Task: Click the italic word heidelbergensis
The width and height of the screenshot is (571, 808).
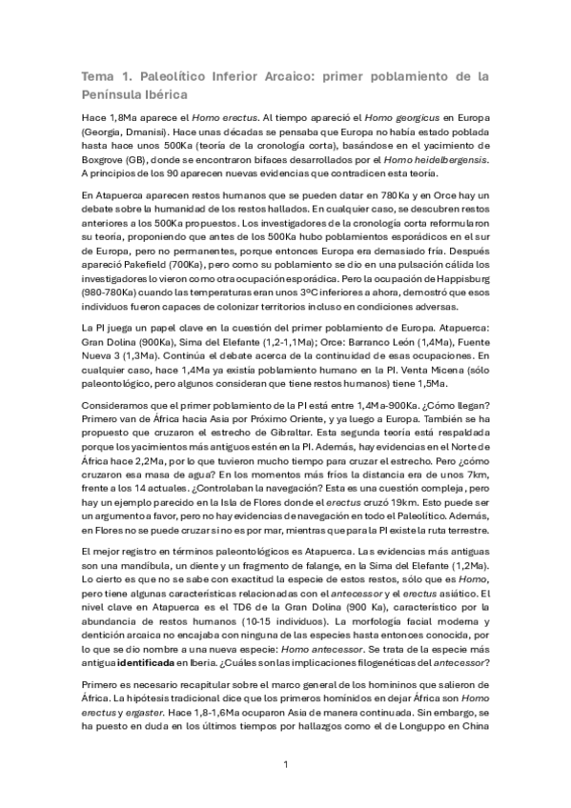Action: [448, 158]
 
